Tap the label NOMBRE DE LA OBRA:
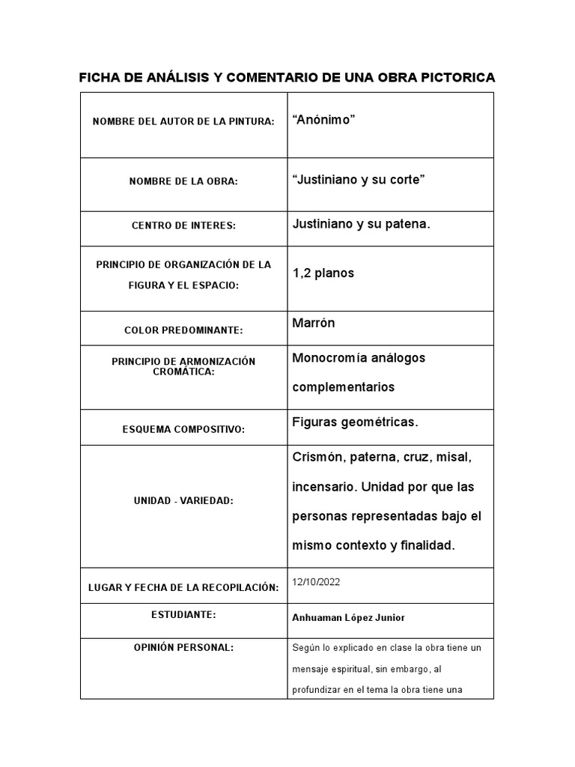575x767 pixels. coord(183,181)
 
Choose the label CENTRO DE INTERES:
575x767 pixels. coord(183,225)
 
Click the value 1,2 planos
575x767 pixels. coord(323,273)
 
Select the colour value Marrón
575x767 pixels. coord(314,323)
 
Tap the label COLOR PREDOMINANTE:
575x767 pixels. coord(183,330)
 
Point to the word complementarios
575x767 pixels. coord(343,387)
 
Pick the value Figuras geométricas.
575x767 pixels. coord(355,422)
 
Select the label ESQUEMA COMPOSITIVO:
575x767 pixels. coord(183,429)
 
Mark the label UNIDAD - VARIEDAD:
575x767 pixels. coord(183,500)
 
